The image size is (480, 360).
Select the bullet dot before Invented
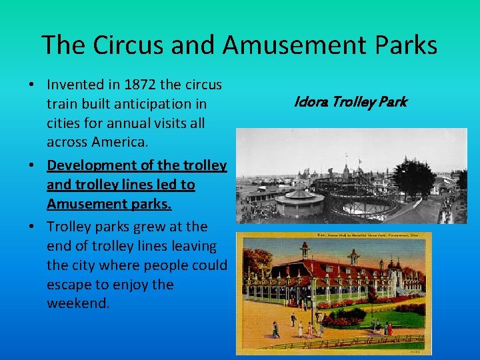click(x=31, y=85)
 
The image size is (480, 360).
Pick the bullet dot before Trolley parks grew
click(x=31, y=227)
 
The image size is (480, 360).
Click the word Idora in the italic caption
click(x=309, y=102)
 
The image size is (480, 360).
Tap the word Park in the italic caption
click(x=393, y=102)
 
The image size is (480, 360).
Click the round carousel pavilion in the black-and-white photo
click(x=299, y=200)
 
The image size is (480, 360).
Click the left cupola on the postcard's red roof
click(x=304, y=251)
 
